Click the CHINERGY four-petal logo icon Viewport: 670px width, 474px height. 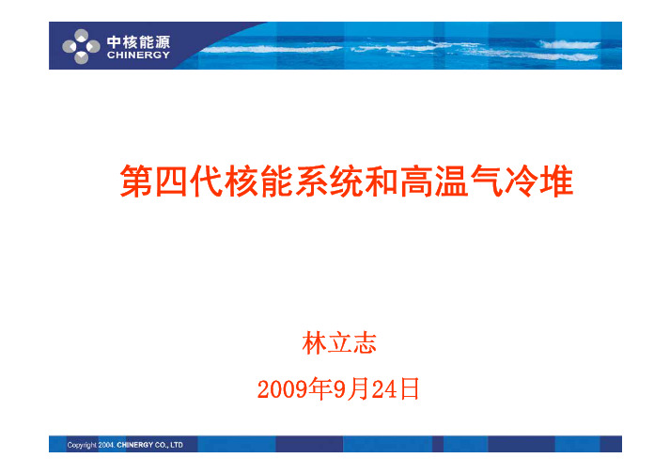click(81, 46)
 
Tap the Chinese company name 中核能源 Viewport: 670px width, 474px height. click(138, 42)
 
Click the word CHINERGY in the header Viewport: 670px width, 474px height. click(138, 55)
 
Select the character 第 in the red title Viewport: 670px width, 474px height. click(136, 181)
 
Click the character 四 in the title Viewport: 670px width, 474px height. click(171, 181)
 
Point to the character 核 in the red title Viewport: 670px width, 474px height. click(241, 181)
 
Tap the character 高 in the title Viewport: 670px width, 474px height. click(416, 181)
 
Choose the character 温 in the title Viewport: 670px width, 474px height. click(451, 181)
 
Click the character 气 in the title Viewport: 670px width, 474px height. click(486, 181)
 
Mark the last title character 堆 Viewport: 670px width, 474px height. click(556, 181)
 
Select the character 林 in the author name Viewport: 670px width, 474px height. click(315, 343)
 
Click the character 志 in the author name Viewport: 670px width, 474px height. click(365, 343)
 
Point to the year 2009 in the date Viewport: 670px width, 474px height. click(283, 389)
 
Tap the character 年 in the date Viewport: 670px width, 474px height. click(320, 389)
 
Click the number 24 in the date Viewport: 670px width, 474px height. click(384, 389)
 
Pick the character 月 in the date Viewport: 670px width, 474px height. click(358, 389)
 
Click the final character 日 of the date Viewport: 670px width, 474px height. click(409, 389)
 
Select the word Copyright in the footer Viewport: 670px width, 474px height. click(82, 446)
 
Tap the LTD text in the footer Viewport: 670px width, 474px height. click(177, 445)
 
